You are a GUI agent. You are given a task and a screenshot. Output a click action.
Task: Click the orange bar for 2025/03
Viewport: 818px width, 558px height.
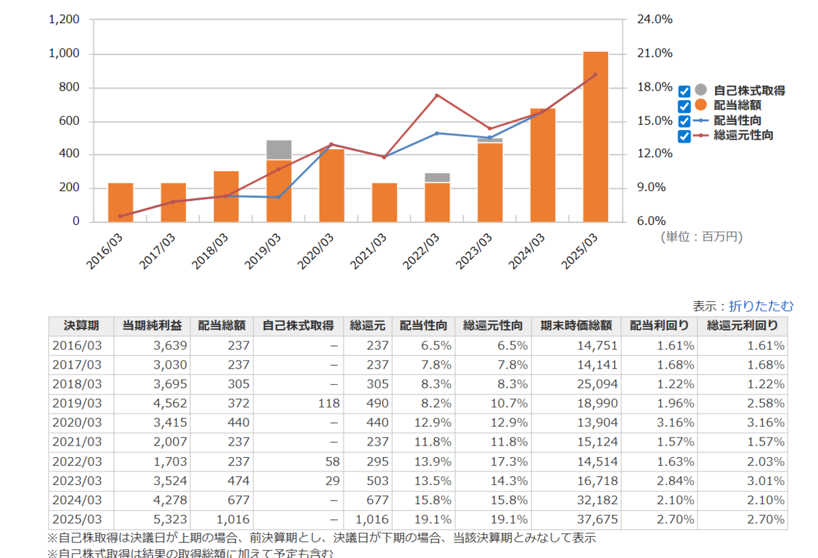click(x=595, y=136)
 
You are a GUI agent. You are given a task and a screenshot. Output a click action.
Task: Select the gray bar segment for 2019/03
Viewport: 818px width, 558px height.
click(x=279, y=149)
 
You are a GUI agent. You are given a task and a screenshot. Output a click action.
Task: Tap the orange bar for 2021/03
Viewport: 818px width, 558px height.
click(x=384, y=202)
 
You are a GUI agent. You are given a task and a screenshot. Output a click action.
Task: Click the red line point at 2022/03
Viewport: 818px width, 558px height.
click(x=437, y=95)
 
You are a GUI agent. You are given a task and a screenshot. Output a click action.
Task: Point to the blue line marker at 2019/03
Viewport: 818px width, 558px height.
click(x=279, y=197)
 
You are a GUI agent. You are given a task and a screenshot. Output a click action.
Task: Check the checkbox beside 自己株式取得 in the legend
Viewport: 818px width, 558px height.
click(x=684, y=91)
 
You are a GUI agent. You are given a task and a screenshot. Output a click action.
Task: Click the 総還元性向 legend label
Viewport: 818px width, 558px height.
click(x=743, y=136)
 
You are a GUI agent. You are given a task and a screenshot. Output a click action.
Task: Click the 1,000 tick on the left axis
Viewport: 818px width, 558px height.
click(x=64, y=54)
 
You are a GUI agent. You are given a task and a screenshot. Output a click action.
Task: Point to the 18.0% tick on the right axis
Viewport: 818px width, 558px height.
click(x=654, y=87)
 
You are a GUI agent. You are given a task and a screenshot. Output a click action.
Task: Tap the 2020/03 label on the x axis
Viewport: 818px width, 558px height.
click(x=318, y=250)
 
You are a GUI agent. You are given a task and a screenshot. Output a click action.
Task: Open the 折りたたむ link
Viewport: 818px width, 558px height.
click(x=761, y=306)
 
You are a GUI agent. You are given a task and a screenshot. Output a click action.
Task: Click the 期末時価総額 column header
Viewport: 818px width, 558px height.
click(x=576, y=326)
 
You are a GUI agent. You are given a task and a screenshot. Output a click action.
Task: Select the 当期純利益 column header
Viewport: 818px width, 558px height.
click(x=152, y=326)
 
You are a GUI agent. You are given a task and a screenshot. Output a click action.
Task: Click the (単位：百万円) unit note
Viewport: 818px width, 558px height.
click(x=701, y=236)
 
